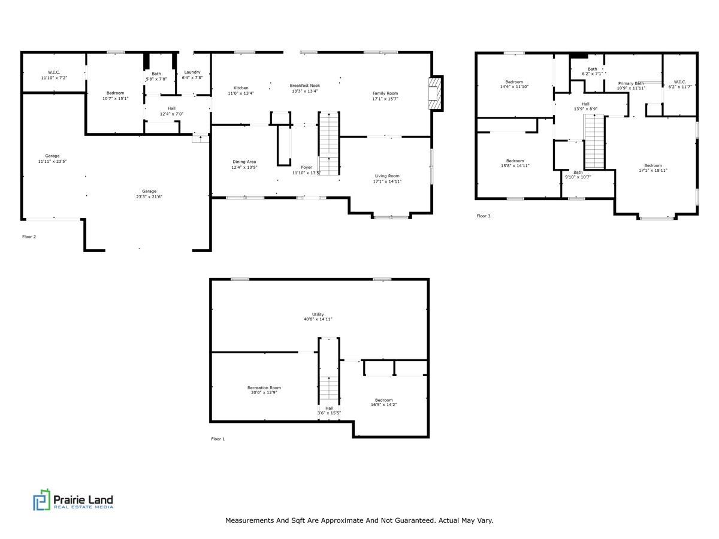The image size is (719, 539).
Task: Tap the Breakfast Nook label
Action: pos(304,86)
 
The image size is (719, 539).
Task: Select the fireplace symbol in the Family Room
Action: pos(434,93)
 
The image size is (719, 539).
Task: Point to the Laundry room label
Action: pos(192,72)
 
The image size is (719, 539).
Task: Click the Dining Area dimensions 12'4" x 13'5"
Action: pos(244,168)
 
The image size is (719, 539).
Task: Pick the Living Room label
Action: pos(387,176)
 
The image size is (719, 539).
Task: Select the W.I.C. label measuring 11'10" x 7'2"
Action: pos(54,72)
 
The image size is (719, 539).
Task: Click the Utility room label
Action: pos(318,314)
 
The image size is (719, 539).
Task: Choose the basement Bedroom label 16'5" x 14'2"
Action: pos(383,400)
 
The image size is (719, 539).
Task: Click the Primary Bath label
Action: pos(631,83)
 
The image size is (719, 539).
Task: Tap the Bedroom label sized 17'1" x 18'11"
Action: pos(653,165)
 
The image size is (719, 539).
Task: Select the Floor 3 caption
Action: pos(484,216)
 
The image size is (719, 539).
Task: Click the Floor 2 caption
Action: pos(29,237)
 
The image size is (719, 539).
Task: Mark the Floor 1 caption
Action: pos(218,439)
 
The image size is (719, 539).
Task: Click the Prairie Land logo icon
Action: pos(42,500)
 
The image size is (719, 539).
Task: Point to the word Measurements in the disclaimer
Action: pos(249,520)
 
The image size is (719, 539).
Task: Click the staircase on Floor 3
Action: pos(594,141)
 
